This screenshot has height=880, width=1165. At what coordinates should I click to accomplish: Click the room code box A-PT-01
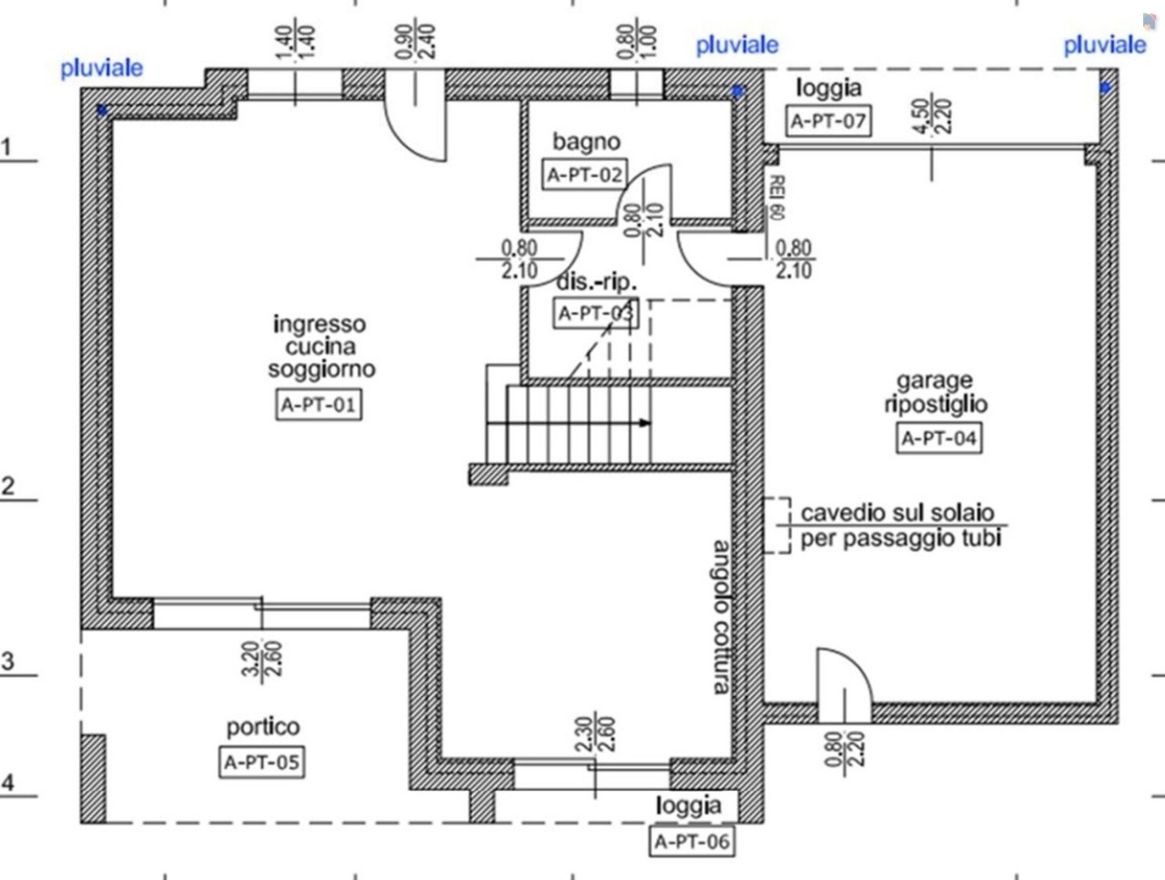317,404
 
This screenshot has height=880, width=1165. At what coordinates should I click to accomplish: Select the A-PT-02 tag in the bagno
584,174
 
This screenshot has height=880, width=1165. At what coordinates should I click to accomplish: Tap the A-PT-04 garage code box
938,438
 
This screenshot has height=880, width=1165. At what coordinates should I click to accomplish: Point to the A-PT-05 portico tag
262,762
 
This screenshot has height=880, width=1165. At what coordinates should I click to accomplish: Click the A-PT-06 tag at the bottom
692,842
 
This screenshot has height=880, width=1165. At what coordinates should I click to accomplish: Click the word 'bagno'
585,141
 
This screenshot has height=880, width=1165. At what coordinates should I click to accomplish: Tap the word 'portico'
262,727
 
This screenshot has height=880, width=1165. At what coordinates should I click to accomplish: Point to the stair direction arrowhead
645,423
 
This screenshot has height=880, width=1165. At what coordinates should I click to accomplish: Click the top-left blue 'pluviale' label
101,67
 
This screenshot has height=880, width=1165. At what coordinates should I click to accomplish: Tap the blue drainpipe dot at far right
1106,87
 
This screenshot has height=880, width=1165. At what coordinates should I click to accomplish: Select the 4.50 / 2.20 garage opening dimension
932,116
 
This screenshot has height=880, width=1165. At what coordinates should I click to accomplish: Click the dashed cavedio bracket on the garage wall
776,525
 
